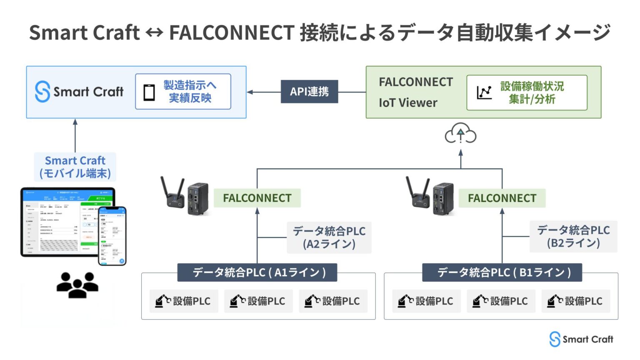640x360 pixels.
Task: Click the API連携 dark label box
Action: click(309, 92)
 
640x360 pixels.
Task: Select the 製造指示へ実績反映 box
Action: click(183, 92)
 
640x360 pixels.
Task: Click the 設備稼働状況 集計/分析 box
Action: click(527, 92)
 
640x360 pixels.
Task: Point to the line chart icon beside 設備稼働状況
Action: click(484, 92)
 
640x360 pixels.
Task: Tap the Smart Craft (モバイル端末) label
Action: click(75, 167)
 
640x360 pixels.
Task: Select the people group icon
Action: click(77, 285)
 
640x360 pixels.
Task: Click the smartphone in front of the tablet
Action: click(112, 236)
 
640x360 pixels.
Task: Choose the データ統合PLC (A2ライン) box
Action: click(329, 237)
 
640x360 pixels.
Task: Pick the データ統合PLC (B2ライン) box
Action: click(573, 236)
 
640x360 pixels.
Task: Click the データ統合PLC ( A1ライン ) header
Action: click(257, 272)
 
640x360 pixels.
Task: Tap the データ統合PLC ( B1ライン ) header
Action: click(502, 272)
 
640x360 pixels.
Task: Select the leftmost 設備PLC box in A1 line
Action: click(183, 301)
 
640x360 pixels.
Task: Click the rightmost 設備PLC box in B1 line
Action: click(575, 301)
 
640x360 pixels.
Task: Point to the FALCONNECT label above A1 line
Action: click(257, 198)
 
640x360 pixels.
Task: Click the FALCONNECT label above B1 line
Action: click(502, 198)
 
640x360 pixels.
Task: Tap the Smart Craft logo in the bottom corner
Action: click(581, 339)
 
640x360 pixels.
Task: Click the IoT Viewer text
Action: click(408, 103)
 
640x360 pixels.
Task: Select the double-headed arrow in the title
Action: click(154, 32)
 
